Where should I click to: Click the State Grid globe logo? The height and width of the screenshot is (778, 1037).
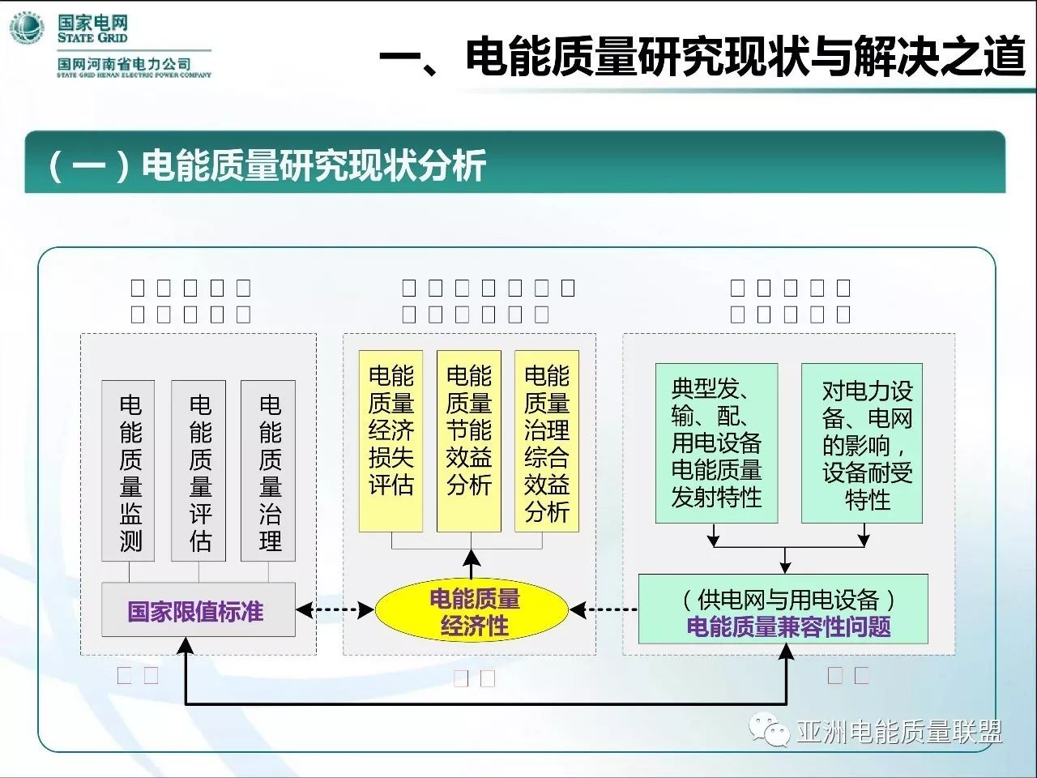[27, 31]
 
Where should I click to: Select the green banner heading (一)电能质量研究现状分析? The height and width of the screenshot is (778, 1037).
[267, 165]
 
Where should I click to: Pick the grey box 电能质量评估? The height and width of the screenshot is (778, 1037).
[199, 471]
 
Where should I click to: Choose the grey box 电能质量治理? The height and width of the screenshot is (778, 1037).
[268, 471]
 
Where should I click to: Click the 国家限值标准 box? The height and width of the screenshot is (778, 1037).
[197, 610]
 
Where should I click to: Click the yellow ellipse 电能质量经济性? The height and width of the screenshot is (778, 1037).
[473, 612]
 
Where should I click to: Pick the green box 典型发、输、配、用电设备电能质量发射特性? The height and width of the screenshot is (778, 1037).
[716, 442]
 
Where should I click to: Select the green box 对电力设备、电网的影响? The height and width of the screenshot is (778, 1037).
[862, 442]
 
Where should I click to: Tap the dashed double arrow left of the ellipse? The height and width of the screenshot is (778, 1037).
[335, 610]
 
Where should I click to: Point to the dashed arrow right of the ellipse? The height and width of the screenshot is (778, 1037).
[604, 610]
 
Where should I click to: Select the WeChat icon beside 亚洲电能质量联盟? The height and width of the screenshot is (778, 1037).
[769, 731]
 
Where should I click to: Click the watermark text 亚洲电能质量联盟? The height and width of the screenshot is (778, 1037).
[899, 732]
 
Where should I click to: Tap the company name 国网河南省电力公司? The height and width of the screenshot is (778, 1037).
[124, 64]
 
